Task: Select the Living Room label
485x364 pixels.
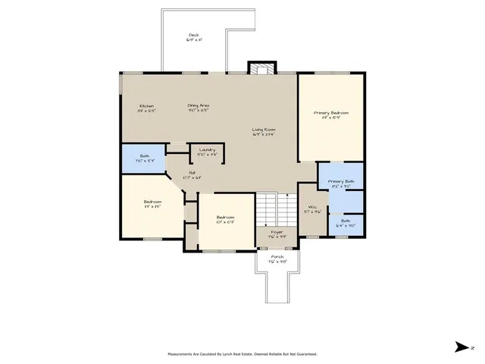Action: pos(263,133)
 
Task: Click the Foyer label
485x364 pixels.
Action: pos(277,234)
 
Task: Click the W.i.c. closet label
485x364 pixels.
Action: pos(311,210)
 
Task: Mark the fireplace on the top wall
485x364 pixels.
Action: pos(261,69)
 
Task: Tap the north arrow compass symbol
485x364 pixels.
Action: pos(461,347)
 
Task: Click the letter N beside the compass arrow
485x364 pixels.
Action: pos(472,347)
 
